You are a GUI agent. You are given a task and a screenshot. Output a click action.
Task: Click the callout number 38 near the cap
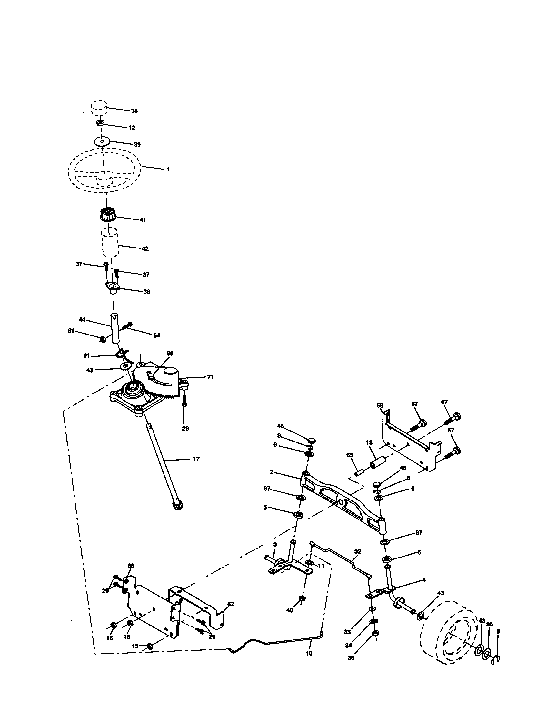(x=134, y=111)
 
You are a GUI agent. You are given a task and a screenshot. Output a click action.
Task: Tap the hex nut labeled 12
(x=100, y=123)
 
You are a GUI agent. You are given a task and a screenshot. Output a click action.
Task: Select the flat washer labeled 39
(x=102, y=142)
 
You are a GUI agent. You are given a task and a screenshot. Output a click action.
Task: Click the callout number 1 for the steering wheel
(x=168, y=170)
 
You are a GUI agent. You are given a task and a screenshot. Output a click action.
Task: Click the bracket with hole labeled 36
(x=112, y=287)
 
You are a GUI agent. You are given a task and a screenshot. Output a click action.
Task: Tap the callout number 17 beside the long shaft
(x=196, y=459)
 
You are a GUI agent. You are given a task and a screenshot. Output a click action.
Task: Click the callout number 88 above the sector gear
(x=170, y=353)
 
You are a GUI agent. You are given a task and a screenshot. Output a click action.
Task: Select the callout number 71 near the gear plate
(x=210, y=377)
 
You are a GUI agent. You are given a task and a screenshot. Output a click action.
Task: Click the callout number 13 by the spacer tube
(x=369, y=442)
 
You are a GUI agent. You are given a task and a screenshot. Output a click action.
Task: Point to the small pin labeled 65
(x=358, y=473)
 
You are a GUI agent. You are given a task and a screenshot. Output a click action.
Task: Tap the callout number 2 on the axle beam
(x=272, y=472)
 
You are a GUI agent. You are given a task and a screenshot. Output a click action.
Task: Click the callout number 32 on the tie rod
(x=357, y=551)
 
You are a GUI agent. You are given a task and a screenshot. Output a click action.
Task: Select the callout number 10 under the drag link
(x=309, y=653)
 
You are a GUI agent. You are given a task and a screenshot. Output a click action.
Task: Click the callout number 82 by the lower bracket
(x=230, y=604)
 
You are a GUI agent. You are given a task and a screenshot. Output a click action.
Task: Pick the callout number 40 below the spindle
(x=290, y=610)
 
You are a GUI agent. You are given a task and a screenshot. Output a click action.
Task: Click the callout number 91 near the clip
(x=86, y=356)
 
